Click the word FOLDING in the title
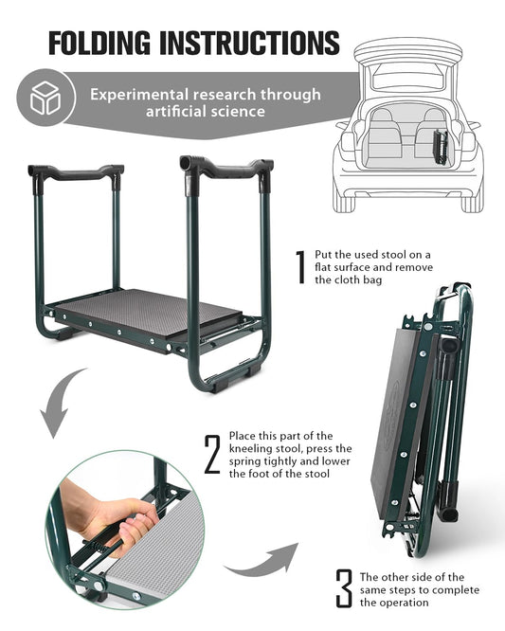pos(99,43)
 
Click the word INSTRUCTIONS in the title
pos(249,43)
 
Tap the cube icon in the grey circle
pos(45,98)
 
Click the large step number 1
pos(300,267)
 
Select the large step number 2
pos(212,454)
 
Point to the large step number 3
pos(344,588)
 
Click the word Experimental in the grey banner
pos(139,96)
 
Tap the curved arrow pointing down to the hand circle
pos(62,403)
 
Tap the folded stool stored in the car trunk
pos(441,147)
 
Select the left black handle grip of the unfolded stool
pos(76,172)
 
